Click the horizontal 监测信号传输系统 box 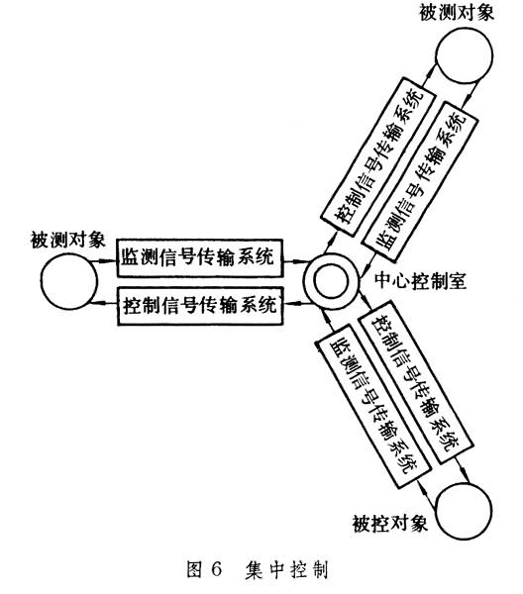[x=200, y=258]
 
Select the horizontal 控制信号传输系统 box [x=200, y=306]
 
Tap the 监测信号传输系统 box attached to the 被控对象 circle [x=372, y=412]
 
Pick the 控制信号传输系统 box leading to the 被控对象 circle [x=416, y=382]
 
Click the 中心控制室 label [x=420, y=281]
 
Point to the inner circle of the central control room [x=331, y=281]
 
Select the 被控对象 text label [x=390, y=525]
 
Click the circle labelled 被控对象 [x=464, y=510]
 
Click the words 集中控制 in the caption [x=286, y=569]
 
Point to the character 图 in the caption [x=195, y=569]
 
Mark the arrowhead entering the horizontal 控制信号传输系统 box [x=289, y=303]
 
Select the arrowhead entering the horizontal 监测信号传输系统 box [x=110, y=261]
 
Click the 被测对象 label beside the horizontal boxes [x=67, y=240]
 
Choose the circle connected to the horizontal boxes [x=68, y=281]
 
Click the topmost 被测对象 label [x=457, y=12]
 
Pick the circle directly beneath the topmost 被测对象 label [x=465, y=55]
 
